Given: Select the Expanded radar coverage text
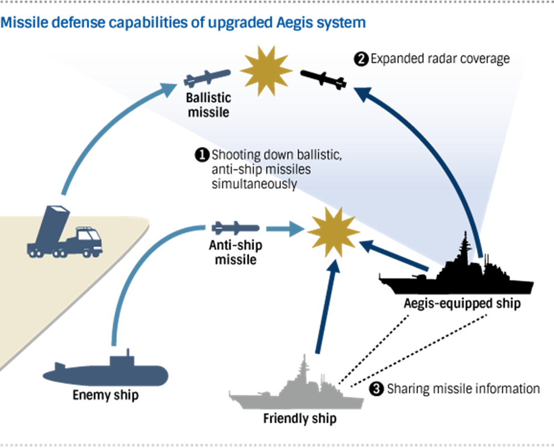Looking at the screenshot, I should [x=440, y=59].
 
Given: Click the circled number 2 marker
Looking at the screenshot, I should [x=360, y=59].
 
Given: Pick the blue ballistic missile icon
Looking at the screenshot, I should [x=207, y=78].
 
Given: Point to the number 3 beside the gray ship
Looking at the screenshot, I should [x=376, y=388].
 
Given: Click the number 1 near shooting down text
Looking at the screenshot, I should [x=202, y=155].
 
